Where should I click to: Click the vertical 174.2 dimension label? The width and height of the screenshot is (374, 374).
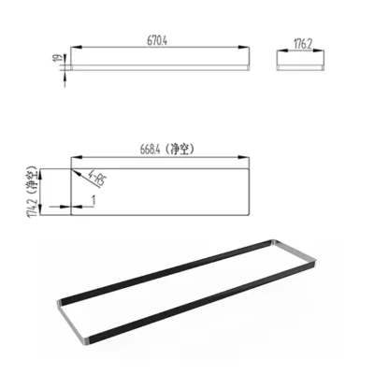33,196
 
